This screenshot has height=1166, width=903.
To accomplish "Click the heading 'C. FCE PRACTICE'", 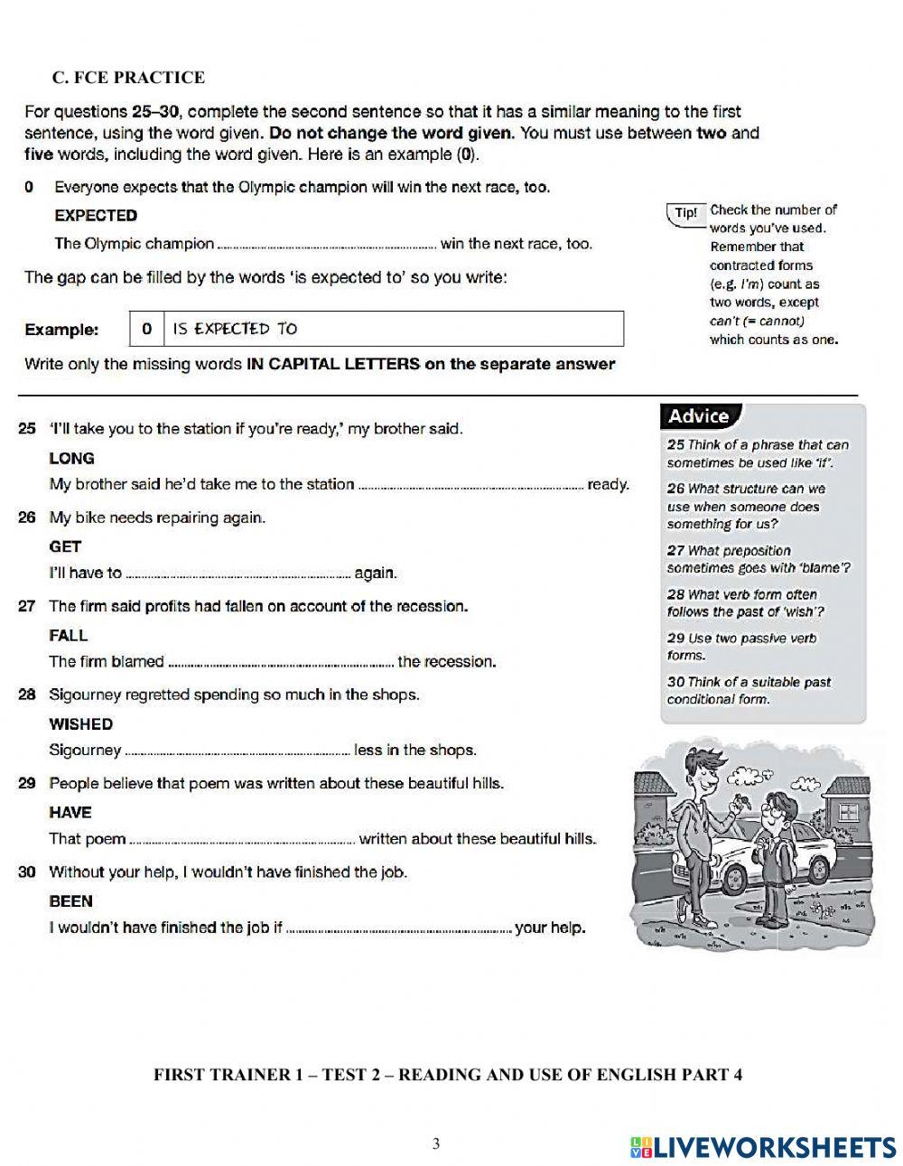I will [x=128, y=78].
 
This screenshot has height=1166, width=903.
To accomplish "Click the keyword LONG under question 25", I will [x=71, y=458].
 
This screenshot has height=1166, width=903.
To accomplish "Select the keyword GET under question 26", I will [x=65, y=546].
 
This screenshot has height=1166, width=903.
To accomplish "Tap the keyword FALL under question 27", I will [x=68, y=635].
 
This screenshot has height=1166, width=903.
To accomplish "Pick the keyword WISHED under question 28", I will [x=80, y=723].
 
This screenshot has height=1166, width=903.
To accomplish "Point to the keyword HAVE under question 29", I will [x=70, y=812].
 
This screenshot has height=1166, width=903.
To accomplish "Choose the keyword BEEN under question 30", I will [x=70, y=900].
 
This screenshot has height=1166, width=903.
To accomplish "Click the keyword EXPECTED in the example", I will [x=96, y=215].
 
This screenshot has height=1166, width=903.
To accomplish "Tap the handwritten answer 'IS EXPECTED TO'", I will [x=235, y=329].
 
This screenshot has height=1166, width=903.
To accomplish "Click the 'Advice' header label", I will [x=699, y=416].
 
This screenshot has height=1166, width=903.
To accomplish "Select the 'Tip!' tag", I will [x=685, y=214].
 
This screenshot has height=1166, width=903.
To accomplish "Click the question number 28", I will [x=27, y=695].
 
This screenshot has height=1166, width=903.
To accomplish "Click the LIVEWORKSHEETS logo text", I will [x=773, y=1146].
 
